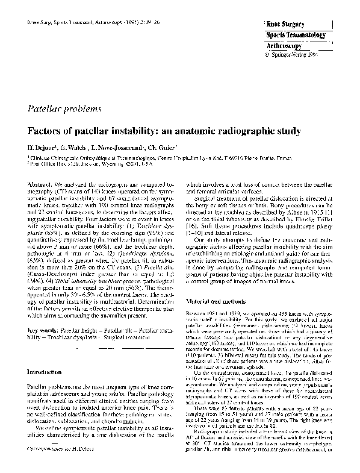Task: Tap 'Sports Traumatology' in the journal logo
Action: [x=299, y=35]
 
